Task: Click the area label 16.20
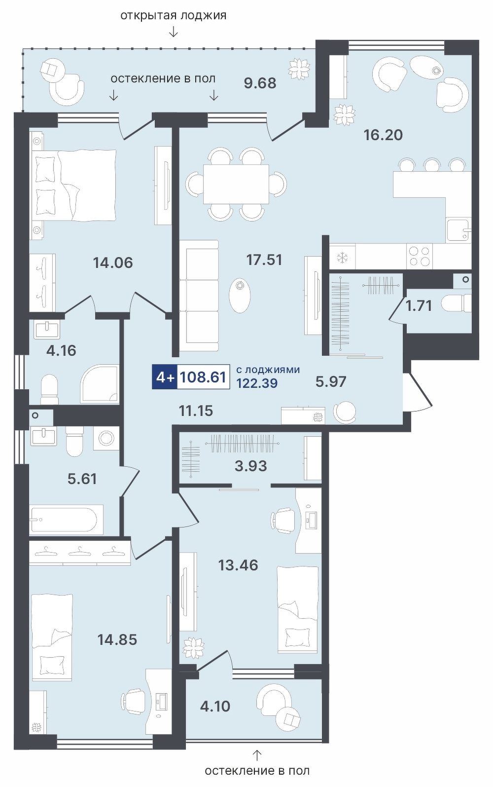coord(383,135)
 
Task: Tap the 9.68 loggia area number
coord(260,83)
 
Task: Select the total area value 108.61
coord(203,377)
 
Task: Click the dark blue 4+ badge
coord(165,377)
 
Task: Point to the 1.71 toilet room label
coord(419,305)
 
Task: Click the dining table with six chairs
coord(236,184)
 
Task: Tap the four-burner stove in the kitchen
coord(420,256)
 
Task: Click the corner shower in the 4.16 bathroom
coord(100,384)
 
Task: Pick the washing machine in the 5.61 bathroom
coord(106,438)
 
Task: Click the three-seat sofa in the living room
coord(199,296)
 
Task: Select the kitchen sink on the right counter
coord(458,230)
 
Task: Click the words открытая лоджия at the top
coord(174,15)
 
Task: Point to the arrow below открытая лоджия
coord(174,33)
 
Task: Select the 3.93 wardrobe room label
coord(251,466)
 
